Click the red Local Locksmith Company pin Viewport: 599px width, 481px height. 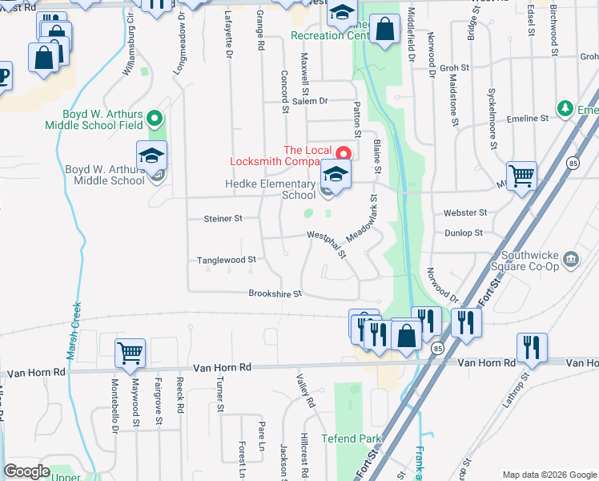[x=344, y=152]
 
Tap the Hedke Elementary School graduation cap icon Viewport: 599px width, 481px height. [x=336, y=175]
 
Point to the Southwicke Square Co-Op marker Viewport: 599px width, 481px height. [x=571, y=258]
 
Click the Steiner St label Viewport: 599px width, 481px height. [x=223, y=218]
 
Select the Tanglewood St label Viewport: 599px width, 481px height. [x=227, y=260]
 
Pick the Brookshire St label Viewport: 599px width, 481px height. [x=275, y=293]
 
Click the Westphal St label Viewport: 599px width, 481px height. [x=328, y=243]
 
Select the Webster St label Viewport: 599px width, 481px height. [x=465, y=212]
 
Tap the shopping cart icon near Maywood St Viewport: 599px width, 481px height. [x=131, y=351]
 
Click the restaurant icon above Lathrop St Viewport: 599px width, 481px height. [x=531, y=346]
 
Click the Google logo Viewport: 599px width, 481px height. [x=27, y=471]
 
